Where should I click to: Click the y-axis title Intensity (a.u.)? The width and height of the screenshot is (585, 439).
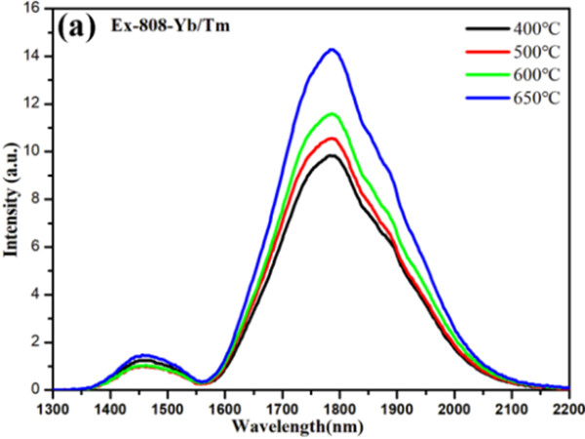tap(15, 199)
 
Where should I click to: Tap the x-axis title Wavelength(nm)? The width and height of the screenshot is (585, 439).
tap(310, 426)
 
